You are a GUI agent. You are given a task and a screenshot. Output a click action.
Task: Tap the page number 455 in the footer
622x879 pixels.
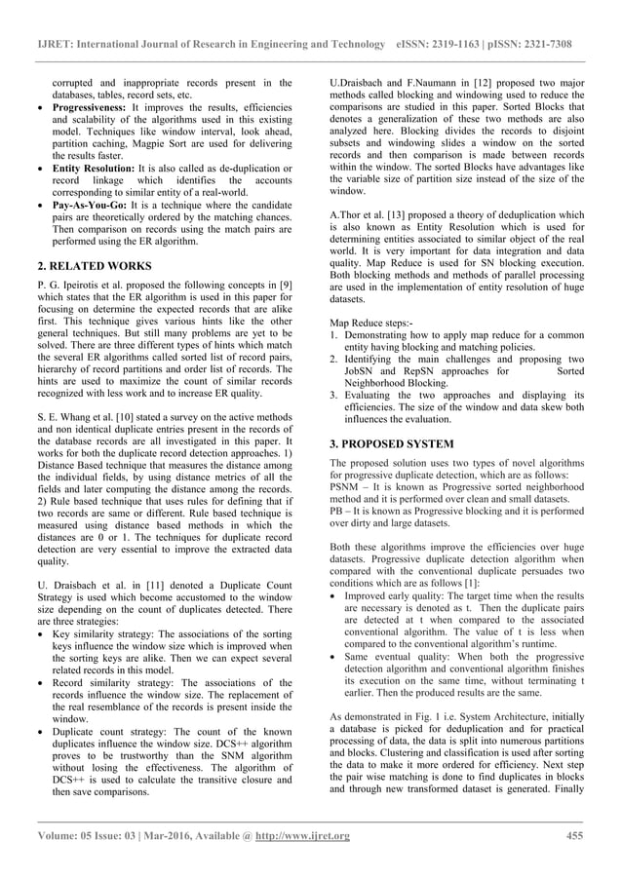pos(573,835)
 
